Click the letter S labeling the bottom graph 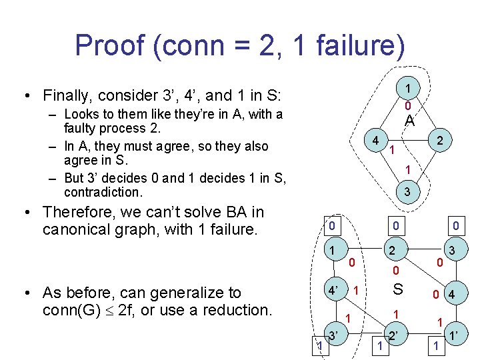pyautogui.click(x=398, y=290)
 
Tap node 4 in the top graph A pyautogui.click(x=377, y=141)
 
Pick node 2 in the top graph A pyautogui.click(x=440, y=141)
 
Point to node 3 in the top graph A pyautogui.click(x=407, y=191)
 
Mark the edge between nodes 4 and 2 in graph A pyautogui.click(x=408, y=141)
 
